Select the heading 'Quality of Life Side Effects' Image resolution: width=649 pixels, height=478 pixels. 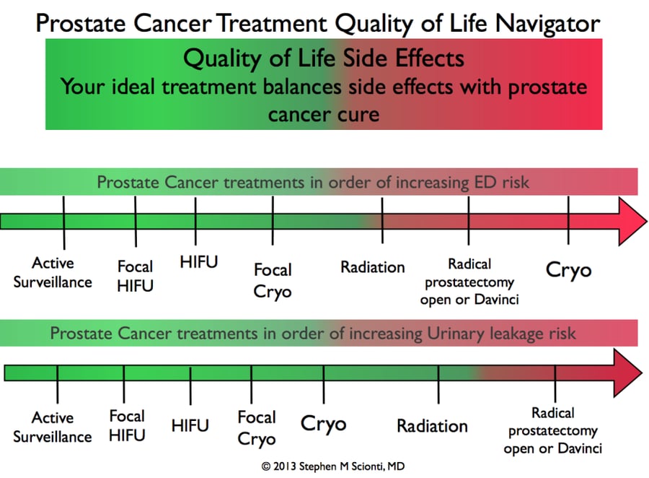(323, 57)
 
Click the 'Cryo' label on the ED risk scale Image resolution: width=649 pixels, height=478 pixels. (568, 270)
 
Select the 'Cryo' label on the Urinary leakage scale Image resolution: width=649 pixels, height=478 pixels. (323, 424)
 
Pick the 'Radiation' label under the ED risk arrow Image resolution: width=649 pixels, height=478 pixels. (373, 267)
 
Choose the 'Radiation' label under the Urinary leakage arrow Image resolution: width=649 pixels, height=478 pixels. (432, 426)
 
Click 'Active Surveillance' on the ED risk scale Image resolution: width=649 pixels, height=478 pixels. (53, 273)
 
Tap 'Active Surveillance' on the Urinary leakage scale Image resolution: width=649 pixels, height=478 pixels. (53, 427)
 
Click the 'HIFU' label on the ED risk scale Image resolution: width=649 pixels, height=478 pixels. (198, 262)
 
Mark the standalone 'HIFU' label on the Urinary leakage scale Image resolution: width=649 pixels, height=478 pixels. (190, 426)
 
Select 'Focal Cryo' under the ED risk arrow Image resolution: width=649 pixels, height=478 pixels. (273, 280)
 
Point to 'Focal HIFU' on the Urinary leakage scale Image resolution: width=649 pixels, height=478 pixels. (127, 425)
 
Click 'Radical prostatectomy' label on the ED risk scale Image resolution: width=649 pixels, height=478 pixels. (469, 281)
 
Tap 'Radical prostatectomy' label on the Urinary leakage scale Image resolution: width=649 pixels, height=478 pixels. (553, 431)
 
